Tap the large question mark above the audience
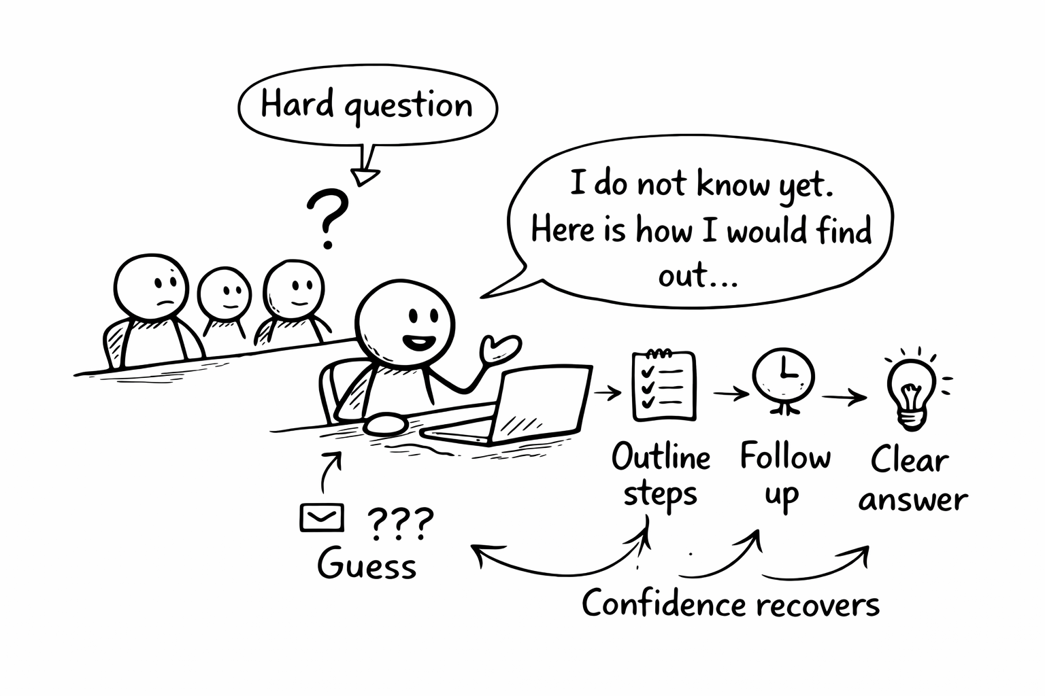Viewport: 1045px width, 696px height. pos(327,217)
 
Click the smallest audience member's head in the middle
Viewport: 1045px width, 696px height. pos(225,293)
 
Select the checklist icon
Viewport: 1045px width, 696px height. pos(663,385)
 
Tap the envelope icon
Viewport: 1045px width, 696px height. pos(321,519)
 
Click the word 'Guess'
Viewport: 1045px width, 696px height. pos(367,565)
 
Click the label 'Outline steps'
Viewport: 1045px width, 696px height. pos(660,476)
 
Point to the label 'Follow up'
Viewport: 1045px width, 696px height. pos(785,476)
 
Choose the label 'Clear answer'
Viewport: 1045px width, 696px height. pos(912,480)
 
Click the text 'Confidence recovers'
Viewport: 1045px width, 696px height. pos(731,604)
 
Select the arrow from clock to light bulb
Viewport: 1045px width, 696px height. pos(844,398)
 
